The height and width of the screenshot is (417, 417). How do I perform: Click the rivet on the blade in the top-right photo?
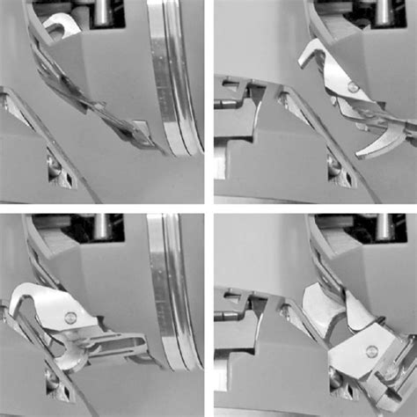click(352, 86)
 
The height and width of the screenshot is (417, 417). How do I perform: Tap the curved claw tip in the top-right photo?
click(388, 141)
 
